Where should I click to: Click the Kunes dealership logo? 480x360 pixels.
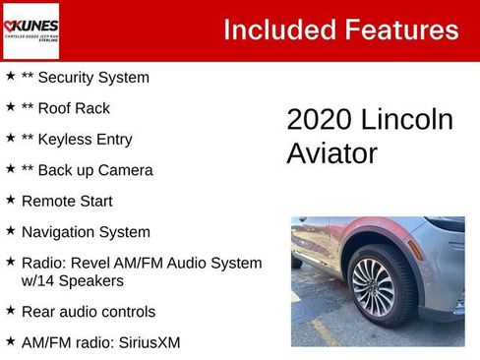pyautogui.click(x=30, y=30)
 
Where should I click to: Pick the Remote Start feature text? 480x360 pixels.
pyautogui.click(x=67, y=201)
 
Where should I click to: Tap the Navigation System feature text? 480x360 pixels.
pyautogui.click(x=86, y=232)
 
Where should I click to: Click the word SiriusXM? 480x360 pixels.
pyautogui.click(x=148, y=342)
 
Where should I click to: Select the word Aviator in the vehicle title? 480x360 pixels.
pyautogui.click(x=331, y=153)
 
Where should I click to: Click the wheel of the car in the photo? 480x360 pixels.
pyautogui.click(x=373, y=288)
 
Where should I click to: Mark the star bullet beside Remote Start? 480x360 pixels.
pyautogui.click(x=10, y=200)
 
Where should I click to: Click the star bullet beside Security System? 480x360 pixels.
pyautogui.click(x=10, y=76)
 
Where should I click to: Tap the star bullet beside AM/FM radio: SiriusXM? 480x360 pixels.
pyautogui.click(x=10, y=341)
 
